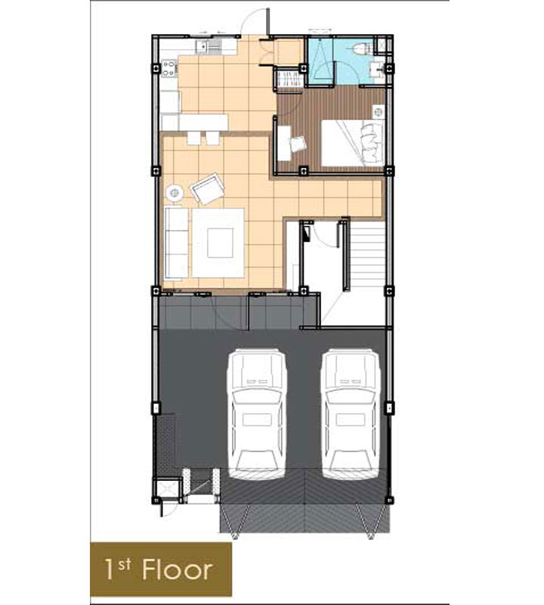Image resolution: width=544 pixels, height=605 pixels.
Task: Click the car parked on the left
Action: (257, 414)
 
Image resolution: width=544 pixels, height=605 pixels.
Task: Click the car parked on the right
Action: (351, 414)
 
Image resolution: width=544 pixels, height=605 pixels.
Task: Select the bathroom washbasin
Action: (376, 70)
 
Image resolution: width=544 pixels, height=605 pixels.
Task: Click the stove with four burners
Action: (168, 69)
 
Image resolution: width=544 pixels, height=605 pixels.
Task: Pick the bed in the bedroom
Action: (352, 143)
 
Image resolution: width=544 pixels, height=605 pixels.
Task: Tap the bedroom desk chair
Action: (298, 144)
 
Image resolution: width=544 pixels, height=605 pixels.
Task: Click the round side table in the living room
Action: (175, 192)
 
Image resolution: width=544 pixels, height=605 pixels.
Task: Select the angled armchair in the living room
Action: (208, 188)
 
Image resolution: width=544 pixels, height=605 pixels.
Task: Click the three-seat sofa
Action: (176, 243)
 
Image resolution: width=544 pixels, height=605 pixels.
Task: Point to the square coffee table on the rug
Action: (220, 243)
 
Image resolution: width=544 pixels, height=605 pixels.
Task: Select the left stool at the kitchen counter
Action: (194, 138)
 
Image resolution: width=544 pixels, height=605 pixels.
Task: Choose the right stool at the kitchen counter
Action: (212, 138)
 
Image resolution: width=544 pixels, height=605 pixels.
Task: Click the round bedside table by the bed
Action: (379, 112)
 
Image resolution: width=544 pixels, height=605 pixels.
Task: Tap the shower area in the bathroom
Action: (320, 60)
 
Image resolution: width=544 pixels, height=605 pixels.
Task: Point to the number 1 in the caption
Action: (110, 570)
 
